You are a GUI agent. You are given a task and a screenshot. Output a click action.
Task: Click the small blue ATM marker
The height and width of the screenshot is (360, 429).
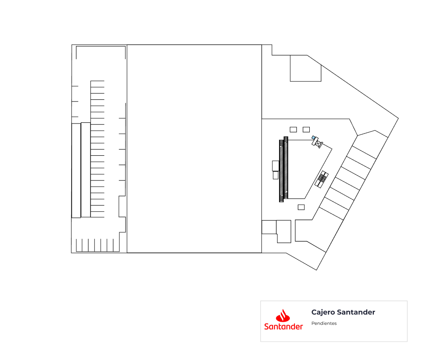(x=314, y=138)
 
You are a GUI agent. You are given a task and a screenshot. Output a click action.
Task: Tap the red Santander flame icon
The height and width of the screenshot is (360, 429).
(x=283, y=316)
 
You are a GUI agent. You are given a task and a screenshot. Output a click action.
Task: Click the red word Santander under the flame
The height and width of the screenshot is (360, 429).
(x=283, y=326)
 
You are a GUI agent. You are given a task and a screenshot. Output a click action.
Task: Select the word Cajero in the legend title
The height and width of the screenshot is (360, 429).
(x=323, y=312)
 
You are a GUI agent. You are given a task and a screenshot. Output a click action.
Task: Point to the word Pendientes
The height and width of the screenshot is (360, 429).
(x=324, y=323)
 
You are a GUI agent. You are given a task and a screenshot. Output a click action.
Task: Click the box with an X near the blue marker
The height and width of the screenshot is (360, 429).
(x=318, y=143)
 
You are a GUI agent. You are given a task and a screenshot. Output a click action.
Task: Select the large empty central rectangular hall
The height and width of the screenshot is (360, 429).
(x=194, y=149)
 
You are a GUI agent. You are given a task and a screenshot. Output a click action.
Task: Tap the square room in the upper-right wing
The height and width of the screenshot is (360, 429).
(x=306, y=68)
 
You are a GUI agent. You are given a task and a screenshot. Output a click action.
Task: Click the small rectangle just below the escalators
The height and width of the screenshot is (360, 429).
(x=301, y=207)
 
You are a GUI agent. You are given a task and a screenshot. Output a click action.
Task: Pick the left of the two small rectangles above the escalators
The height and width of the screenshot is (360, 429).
(x=293, y=129)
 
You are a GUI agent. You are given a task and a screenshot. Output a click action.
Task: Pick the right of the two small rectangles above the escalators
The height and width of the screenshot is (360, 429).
(x=306, y=129)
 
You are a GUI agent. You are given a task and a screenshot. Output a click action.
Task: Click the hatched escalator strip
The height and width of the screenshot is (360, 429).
(x=284, y=169)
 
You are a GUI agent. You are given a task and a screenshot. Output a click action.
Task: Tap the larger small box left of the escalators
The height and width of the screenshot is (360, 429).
(x=275, y=166)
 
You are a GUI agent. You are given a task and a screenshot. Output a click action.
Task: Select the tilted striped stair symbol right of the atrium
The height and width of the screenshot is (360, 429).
(x=322, y=179)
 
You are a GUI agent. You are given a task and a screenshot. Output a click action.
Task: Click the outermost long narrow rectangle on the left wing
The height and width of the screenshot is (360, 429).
(x=76, y=171)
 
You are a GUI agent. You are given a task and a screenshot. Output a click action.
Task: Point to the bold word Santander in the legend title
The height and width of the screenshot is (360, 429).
(x=356, y=312)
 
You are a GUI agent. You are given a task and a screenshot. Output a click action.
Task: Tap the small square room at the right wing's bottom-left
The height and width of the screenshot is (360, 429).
(x=269, y=227)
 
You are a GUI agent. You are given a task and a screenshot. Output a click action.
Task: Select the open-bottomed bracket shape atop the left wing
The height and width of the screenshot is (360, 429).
(x=101, y=46)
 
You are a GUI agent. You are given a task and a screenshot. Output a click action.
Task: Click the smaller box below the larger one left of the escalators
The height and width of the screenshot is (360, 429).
(x=275, y=175)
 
